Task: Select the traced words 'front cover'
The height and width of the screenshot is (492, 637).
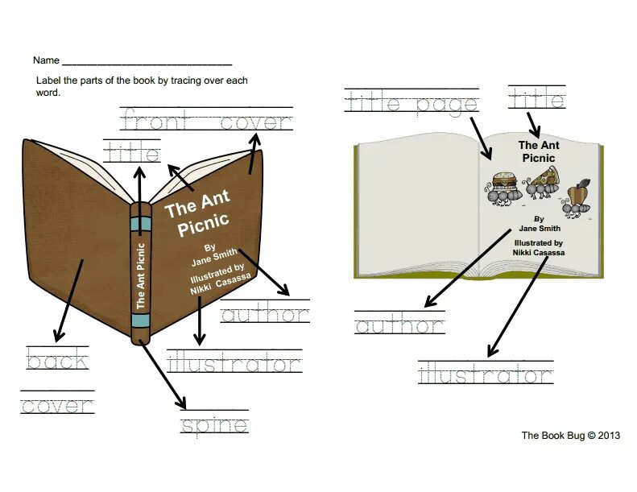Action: (x=206, y=122)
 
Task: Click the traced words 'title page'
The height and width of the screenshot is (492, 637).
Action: (x=412, y=103)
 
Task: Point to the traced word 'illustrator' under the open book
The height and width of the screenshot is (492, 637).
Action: (x=486, y=375)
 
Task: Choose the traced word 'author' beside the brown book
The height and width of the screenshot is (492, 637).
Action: (x=265, y=315)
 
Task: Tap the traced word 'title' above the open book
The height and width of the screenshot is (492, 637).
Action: (x=536, y=100)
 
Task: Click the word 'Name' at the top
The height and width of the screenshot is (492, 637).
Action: (x=46, y=60)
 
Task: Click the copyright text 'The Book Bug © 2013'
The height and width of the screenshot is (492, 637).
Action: (x=570, y=436)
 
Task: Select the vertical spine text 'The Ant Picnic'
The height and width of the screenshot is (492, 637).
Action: (x=141, y=274)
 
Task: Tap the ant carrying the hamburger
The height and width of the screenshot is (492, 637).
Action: (x=499, y=187)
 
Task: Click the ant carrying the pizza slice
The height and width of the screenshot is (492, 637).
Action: (x=542, y=184)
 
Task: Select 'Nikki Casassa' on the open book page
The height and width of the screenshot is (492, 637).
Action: (x=539, y=252)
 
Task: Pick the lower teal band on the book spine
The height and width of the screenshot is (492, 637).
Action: (x=141, y=320)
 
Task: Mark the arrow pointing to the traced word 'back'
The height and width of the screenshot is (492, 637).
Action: (x=68, y=298)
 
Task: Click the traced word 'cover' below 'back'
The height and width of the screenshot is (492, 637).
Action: (x=56, y=405)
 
